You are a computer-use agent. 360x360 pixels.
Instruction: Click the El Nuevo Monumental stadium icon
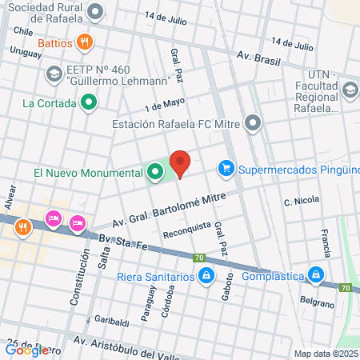point(153,172)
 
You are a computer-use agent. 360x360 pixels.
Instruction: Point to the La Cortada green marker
point(90,102)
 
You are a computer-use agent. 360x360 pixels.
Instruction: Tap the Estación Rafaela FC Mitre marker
point(254,124)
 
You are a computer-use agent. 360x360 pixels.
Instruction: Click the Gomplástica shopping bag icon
point(317,276)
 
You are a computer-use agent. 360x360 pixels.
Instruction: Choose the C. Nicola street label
point(302,200)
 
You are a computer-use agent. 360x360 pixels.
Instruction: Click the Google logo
point(26,350)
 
